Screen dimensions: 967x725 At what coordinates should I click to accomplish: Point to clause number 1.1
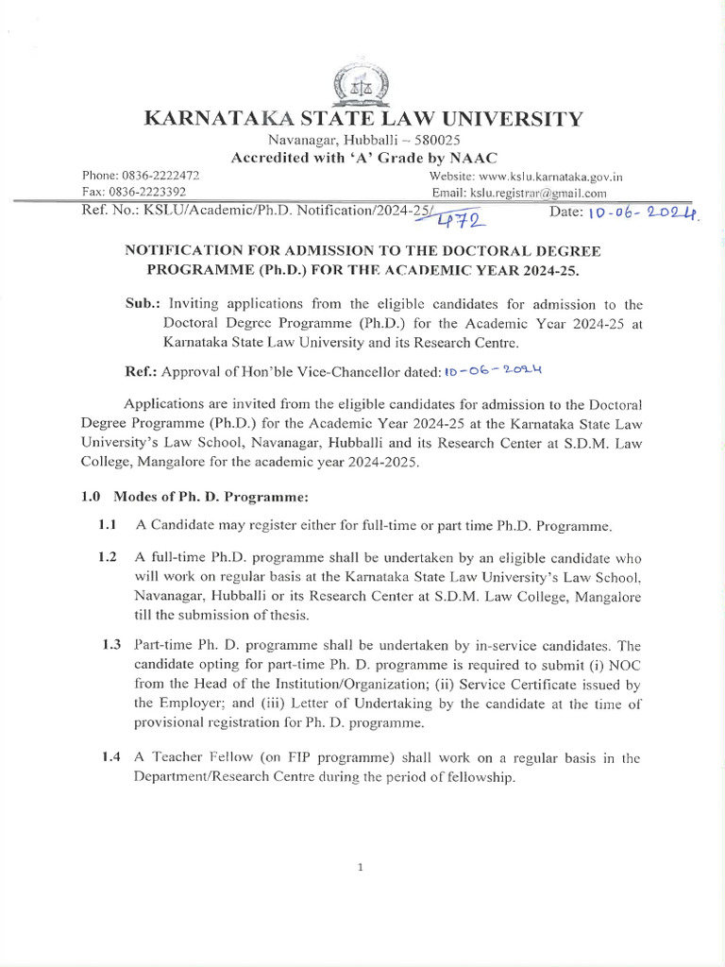[x=109, y=524]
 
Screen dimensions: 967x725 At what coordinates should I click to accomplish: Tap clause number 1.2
[x=109, y=557]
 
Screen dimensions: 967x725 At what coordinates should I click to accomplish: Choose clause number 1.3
[x=111, y=645]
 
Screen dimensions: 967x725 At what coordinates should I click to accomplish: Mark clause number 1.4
[x=111, y=757]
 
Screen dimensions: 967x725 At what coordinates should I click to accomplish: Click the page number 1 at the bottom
[x=362, y=868]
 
